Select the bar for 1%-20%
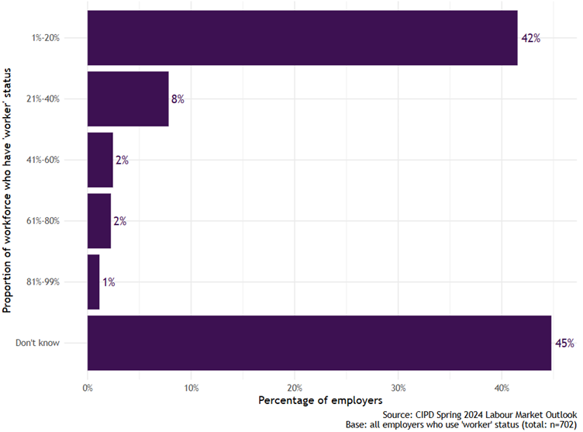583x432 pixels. [x=302, y=37]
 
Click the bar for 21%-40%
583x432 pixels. [x=128, y=98]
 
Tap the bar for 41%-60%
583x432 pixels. [x=100, y=160]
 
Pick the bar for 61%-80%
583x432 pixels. [x=99, y=221]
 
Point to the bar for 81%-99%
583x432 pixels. [x=94, y=282]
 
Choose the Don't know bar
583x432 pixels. [x=319, y=343]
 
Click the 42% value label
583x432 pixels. [x=530, y=38]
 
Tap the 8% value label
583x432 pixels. [x=178, y=99]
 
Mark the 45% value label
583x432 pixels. [x=564, y=343]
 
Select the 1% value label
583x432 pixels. [x=108, y=282]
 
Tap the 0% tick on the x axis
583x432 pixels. [x=88, y=386]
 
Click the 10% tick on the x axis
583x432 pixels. [x=191, y=386]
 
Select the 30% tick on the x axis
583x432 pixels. [x=398, y=386]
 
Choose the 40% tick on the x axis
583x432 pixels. [x=502, y=386]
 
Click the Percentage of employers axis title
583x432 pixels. [x=320, y=400]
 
